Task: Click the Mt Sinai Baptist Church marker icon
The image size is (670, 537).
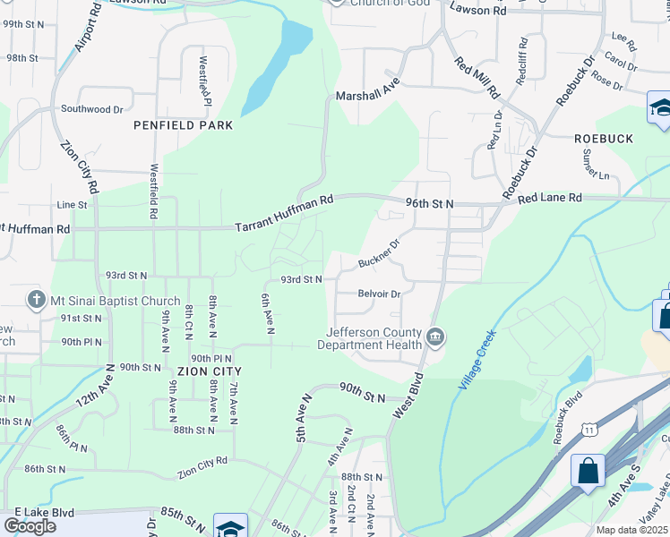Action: (36, 298)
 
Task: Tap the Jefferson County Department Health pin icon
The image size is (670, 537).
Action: (435, 337)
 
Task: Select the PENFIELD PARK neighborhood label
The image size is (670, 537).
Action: (183, 125)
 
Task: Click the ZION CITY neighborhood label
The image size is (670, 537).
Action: (210, 370)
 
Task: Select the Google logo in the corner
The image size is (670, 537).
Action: (30, 526)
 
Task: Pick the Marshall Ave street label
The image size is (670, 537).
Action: (367, 95)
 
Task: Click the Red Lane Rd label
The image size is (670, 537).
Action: (550, 197)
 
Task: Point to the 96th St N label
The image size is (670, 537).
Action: (429, 204)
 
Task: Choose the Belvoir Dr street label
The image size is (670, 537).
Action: (378, 293)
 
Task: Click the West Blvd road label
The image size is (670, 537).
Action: (408, 394)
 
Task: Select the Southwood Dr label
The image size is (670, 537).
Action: (91, 109)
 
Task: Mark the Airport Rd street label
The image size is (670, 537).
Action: (85, 32)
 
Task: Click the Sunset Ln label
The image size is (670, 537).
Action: (595, 165)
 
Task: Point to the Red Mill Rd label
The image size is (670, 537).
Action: (477, 78)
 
